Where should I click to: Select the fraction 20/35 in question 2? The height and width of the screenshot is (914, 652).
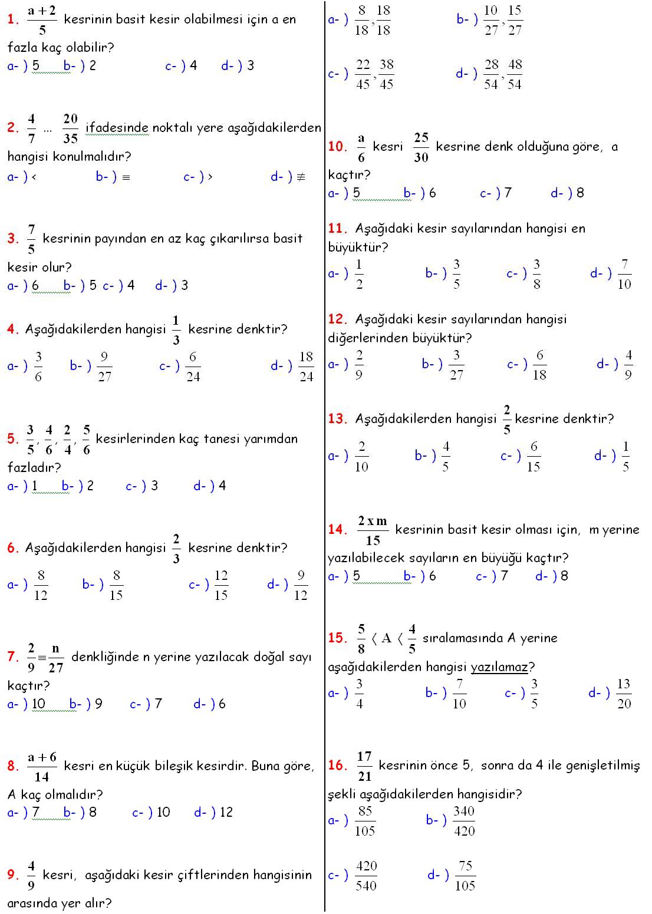click(71, 128)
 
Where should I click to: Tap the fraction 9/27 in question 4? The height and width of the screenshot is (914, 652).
click(104, 367)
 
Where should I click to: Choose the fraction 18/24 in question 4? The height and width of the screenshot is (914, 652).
click(306, 367)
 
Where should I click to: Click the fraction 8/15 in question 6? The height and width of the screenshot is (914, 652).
click(116, 585)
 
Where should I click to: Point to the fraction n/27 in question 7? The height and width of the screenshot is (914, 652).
click(56, 658)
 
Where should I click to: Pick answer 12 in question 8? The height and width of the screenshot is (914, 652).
click(226, 813)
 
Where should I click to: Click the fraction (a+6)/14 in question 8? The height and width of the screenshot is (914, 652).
click(42, 766)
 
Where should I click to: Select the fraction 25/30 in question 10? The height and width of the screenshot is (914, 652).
click(421, 147)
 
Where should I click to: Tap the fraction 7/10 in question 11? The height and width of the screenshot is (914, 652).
click(624, 274)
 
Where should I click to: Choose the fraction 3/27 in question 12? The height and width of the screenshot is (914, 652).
click(456, 365)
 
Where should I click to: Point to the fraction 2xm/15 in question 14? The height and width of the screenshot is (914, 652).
click(373, 530)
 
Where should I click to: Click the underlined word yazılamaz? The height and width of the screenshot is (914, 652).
click(499, 667)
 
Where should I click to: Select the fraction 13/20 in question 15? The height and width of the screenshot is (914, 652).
click(624, 694)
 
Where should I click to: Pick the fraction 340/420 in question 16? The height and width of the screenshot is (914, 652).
click(464, 821)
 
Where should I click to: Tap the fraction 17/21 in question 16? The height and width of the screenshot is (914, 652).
click(364, 766)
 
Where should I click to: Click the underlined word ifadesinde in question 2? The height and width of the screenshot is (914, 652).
click(117, 128)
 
